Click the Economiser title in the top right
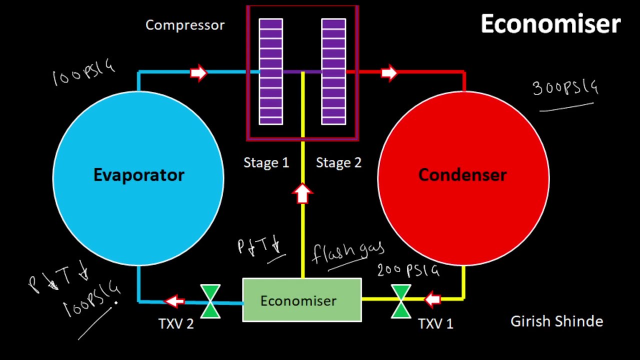[550, 24]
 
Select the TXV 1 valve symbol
[401, 301]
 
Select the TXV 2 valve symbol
[210, 301]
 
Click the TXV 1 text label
[435, 324]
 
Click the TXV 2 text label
[176, 324]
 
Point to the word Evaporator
[139, 175]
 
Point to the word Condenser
[462, 175]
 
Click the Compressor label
[185, 25]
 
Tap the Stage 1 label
[266, 163]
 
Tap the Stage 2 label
[338, 163]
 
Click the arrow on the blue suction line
[198, 73]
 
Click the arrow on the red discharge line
[389, 73]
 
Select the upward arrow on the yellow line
[302, 193]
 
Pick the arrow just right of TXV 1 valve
[432, 299]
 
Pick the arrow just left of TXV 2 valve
[174, 301]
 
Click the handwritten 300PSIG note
[565, 88]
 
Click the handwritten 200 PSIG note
[408, 270]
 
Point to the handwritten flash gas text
[348, 252]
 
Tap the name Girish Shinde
[556, 321]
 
